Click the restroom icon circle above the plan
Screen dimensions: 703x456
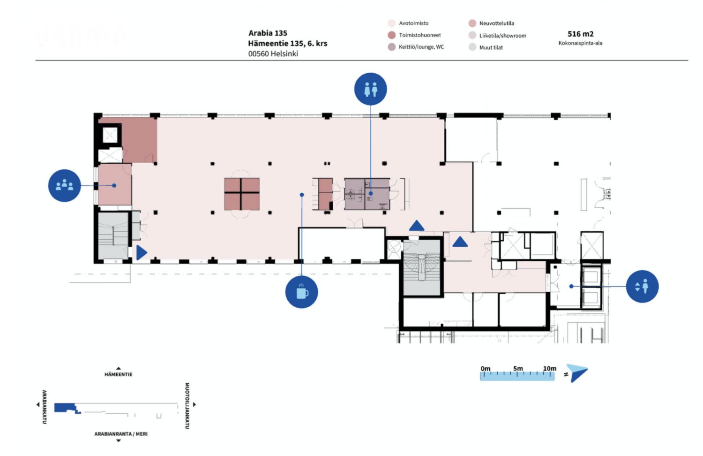point(370,89)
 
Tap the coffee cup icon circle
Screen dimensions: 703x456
point(302,292)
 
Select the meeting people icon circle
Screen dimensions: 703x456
point(64,186)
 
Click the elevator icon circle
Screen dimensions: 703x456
point(642,287)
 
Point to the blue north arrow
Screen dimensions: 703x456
point(577,372)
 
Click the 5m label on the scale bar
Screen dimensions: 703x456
point(518,368)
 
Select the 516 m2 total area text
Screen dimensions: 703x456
point(580,34)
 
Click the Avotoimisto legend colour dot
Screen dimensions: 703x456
point(391,23)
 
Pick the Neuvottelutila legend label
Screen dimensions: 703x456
point(496,23)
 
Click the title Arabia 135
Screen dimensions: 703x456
point(268,33)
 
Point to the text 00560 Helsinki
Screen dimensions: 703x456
point(273,53)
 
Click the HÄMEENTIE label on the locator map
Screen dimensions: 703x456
point(118,374)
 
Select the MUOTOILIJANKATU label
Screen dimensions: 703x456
point(187,405)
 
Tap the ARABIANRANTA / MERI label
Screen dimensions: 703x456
point(121,433)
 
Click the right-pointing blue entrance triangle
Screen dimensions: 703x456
point(142,252)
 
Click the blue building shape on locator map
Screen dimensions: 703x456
point(66,408)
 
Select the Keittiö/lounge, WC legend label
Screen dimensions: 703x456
point(421,47)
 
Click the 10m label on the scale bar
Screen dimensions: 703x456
point(550,368)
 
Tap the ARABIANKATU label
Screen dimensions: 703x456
point(44,407)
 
